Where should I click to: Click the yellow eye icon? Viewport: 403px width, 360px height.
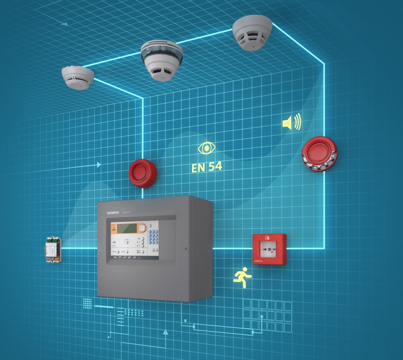click(x=207, y=148)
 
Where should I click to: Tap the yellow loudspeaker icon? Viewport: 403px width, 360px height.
click(x=292, y=122)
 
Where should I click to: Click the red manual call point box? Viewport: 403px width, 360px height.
click(x=269, y=249)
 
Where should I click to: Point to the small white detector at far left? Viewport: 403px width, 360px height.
click(x=78, y=77)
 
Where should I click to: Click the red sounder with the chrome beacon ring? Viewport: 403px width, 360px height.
click(x=319, y=153)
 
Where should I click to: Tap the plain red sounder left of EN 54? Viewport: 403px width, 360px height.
click(x=142, y=173)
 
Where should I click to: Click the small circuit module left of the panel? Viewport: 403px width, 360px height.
click(x=53, y=249)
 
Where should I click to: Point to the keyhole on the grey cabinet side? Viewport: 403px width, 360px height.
click(x=186, y=249)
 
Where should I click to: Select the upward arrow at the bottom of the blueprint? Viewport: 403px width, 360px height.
click(x=166, y=333)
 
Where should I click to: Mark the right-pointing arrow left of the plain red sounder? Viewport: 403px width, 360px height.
click(x=99, y=164)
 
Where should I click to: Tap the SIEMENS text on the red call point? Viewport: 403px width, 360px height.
click(x=258, y=261)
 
